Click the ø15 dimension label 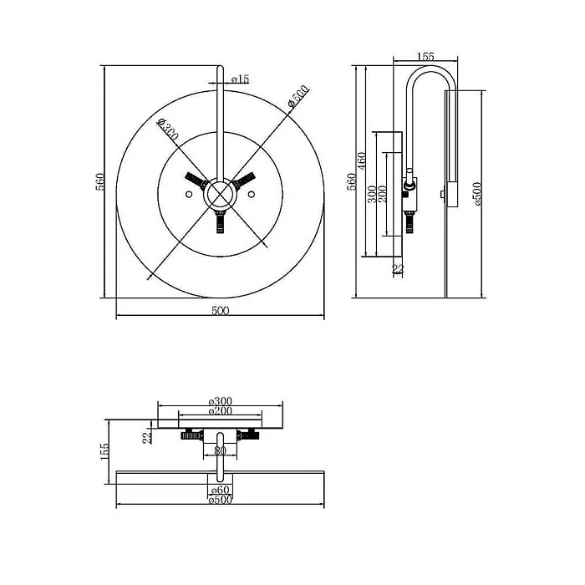[x=240, y=79]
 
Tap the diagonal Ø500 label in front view [x=298, y=97]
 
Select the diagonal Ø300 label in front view [x=167, y=130]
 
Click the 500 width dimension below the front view [x=220, y=310]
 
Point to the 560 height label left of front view [x=101, y=181]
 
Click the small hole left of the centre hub [x=189, y=194]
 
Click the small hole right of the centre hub [x=251, y=194]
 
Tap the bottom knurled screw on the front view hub [x=220, y=221]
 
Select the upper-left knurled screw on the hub [x=196, y=181]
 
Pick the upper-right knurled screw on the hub [x=244, y=181]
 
